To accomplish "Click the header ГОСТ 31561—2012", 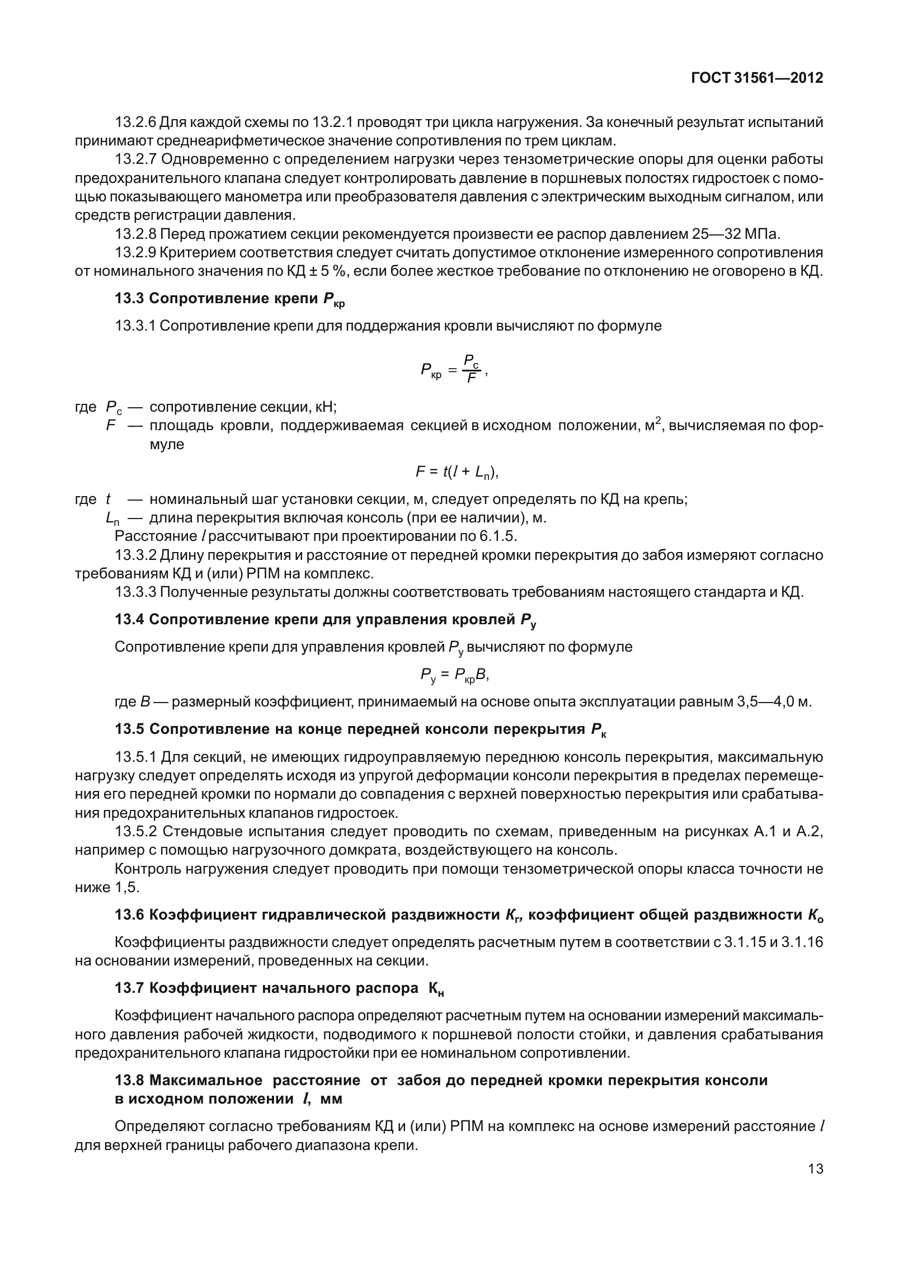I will (x=757, y=78).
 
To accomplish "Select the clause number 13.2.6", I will (x=136, y=121).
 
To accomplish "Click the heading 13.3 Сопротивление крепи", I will (x=229, y=299).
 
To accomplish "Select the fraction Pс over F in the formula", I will (x=471, y=370).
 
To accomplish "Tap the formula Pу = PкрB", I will (x=455, y=676).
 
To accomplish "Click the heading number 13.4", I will (x=130, y=620).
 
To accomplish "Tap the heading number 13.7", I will (x=130, y=988).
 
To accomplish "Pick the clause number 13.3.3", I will (x=136, y=592).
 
